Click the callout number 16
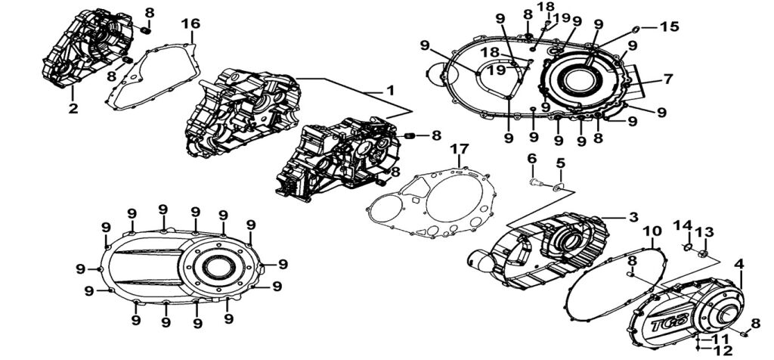pyautogui.click(x=194, y=25)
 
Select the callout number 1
pyautogui.click(x=391, y=91)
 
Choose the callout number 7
pyautogui.click(x=667, y=79)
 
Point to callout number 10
pyautogui.click(x=652, y=230)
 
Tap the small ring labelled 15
pyautogui.click(x=635, y=29)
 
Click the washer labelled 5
pyautogui.click(x=560, y=185)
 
